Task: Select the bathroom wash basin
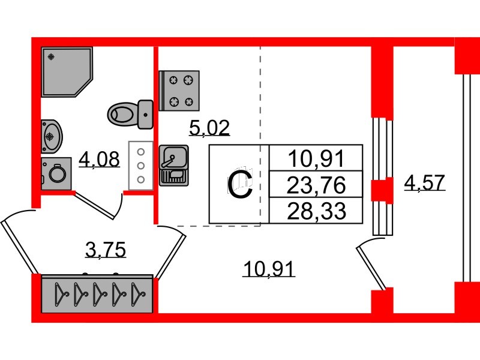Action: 51,137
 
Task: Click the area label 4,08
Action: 100,160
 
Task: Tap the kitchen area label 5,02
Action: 209,127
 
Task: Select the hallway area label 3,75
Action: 106,249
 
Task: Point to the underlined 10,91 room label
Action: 269,269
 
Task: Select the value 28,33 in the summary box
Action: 316,211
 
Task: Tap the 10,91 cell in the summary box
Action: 316,159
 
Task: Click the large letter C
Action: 240,184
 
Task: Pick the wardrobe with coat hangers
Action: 97,294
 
